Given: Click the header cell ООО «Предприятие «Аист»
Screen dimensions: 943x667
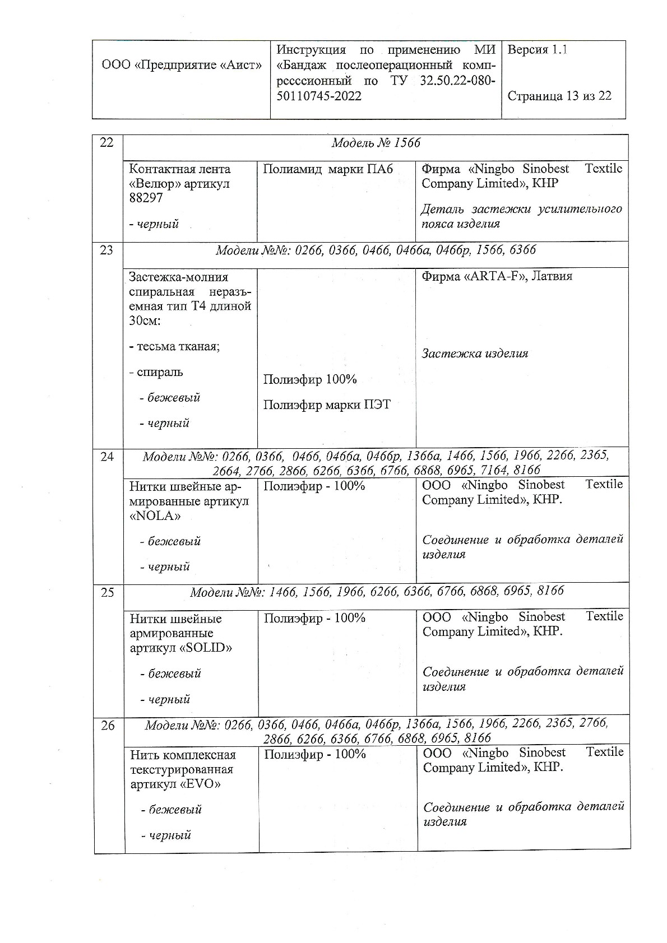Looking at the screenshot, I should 182,65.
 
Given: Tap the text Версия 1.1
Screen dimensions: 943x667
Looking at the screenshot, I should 537,50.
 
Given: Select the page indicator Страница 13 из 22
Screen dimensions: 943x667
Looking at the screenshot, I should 559,96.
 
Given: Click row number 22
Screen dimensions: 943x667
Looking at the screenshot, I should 106,142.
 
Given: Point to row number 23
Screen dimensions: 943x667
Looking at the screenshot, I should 106,250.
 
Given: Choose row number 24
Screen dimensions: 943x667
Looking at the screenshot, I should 107,457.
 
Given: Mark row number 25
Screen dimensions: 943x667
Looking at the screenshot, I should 108,592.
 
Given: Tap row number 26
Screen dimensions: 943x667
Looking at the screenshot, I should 108,726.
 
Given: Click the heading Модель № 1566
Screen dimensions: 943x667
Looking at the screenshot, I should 376,143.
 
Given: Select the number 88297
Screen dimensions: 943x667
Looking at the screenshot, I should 146,198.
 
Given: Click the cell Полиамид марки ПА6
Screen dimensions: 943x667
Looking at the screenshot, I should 328,169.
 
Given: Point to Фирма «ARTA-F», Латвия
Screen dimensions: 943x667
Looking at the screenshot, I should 497,276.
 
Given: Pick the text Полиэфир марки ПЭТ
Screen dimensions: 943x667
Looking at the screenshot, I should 327,405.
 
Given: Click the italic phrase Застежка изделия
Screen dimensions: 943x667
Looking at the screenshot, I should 475,354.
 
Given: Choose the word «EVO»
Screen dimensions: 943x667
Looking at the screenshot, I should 201,784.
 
